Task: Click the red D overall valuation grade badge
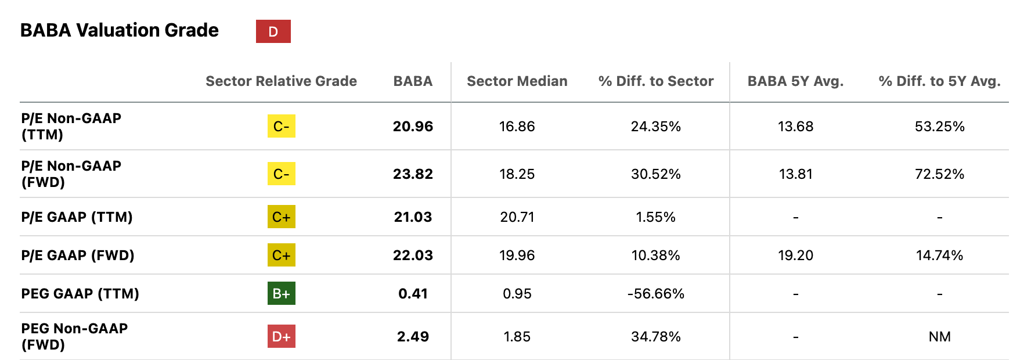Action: [273, 31]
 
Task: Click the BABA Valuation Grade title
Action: [120, 30]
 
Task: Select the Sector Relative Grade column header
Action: [281, 81]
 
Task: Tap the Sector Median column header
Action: [517, 81]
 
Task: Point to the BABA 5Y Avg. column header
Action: [795, 81]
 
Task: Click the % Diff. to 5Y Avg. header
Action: [940, 81]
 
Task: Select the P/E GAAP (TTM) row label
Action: [77, 217]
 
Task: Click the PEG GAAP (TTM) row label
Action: [80, 294]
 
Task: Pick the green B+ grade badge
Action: [282, 293]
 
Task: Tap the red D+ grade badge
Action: [282, 336]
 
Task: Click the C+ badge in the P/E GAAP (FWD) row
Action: [282, 255]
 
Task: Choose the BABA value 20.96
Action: [413, 127]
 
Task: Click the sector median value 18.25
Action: [517, 174]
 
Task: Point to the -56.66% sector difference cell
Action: [656, 294]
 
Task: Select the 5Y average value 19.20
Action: [795, 255]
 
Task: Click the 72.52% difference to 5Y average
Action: [940, 174]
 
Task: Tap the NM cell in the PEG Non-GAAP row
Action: [940, 337]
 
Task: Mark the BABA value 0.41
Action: [413, 294]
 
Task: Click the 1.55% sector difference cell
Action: [656, 217]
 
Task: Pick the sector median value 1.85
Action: [517, 337]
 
